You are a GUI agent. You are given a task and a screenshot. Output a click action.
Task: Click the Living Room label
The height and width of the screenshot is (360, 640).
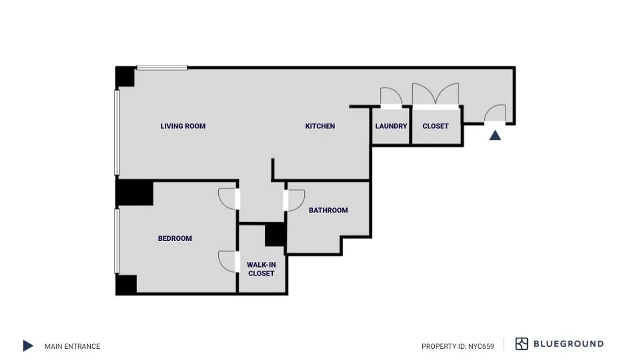point(183,126)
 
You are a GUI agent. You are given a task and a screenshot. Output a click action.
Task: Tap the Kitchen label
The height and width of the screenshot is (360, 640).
point(320,126)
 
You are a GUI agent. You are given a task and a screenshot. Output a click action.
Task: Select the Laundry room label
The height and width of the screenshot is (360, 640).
point(391,126)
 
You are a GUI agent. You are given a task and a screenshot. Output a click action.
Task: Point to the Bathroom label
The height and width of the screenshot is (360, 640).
point(328,210)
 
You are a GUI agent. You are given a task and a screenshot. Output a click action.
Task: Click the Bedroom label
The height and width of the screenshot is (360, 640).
point(175,238)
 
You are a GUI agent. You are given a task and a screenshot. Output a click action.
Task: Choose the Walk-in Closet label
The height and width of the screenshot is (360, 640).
point(261,269)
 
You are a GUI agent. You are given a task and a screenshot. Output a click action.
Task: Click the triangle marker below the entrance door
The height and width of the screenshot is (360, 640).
point(495,135)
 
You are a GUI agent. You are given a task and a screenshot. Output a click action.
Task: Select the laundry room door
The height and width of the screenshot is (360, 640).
point(391,97)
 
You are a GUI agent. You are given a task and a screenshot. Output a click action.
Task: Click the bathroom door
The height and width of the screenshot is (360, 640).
point(295,200)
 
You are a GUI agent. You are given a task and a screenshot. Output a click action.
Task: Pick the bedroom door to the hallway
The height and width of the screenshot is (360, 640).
point(228,198)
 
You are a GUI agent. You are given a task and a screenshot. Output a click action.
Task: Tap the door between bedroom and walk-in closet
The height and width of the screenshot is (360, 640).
point(228,261)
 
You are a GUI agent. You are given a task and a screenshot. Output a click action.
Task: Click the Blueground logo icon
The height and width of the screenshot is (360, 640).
point(522,344)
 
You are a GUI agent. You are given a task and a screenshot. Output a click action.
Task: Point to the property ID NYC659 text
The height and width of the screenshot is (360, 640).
point(457,346)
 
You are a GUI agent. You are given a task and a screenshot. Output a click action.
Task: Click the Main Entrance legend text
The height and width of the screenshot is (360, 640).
point(72,346)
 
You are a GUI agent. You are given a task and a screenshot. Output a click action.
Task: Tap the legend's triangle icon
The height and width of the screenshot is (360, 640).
point(28,346)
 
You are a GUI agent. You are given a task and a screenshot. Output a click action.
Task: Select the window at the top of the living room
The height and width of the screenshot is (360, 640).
point(162,68)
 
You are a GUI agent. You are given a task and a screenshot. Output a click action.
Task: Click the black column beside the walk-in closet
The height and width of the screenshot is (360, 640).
point(275,234)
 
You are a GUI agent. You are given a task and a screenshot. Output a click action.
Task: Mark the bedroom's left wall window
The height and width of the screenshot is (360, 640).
point(117,240)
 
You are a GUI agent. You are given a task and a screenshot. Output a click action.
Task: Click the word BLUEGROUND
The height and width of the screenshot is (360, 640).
point(568,344)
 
